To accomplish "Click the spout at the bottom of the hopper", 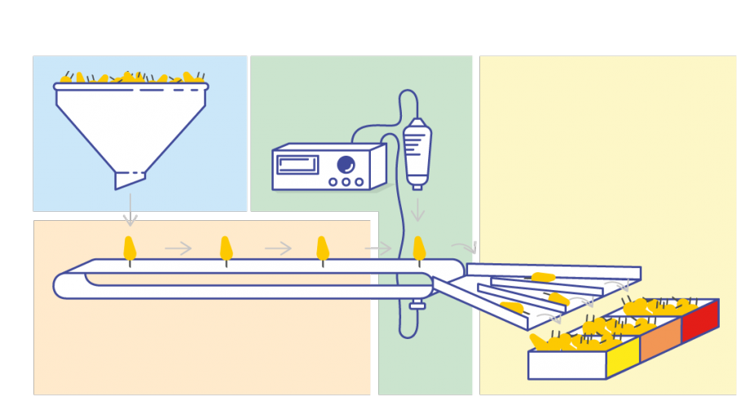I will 129,179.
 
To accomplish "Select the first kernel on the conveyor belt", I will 130,249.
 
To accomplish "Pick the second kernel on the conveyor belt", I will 226,249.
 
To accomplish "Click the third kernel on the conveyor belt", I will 323,249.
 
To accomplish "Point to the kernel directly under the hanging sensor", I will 419,249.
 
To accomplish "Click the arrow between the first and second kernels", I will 179,248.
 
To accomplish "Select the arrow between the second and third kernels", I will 278,248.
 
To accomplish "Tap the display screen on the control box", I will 298,165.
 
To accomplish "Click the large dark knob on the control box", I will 346,164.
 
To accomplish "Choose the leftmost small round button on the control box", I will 333,182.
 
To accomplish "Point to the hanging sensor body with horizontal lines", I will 417,152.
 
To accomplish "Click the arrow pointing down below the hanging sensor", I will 417,209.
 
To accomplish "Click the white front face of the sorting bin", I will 567,365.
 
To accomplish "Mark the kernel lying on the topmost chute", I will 543,277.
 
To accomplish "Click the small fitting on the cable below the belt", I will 418,306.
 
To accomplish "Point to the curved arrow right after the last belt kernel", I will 465,247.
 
